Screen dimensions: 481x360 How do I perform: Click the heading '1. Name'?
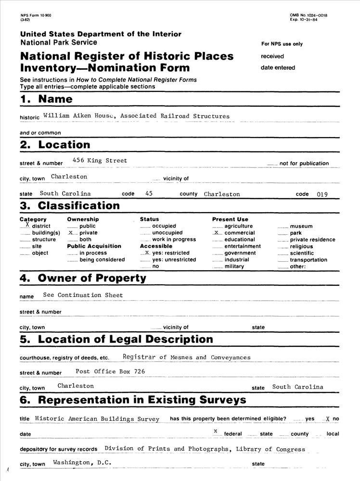coord(46,99)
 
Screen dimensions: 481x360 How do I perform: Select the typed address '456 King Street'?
coord(100,161)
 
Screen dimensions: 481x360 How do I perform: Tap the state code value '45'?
coord(149,193)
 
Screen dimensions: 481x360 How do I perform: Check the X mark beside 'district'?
coord(27,225)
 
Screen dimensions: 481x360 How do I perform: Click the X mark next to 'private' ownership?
coord(71,232)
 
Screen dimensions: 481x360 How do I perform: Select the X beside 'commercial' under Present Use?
coord(216,232)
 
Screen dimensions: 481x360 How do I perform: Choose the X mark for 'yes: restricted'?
coord(147,252)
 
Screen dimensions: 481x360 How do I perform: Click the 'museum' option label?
coord(301,226)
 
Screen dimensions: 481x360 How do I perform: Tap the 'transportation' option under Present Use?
coord(309,260)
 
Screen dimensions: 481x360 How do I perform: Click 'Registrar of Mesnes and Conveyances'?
coord(186,357)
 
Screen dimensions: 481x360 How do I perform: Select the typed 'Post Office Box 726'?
coord(110,371)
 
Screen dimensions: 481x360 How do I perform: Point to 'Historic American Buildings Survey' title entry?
coord(97,418)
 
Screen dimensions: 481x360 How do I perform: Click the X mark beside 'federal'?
coord(216,430)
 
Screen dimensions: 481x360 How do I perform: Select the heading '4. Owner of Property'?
coord(83,278)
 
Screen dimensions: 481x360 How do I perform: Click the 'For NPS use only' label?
coord(282,44)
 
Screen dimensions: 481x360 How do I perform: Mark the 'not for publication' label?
coord(304,164)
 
